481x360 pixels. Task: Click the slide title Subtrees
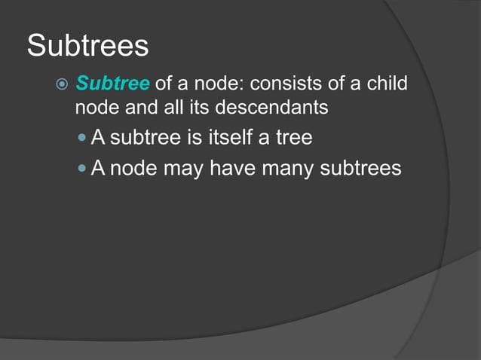click(87, 46)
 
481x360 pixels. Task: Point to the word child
click(386, 82)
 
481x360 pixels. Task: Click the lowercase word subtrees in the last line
click(361, 168)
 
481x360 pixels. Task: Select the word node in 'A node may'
click(134, 168)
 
